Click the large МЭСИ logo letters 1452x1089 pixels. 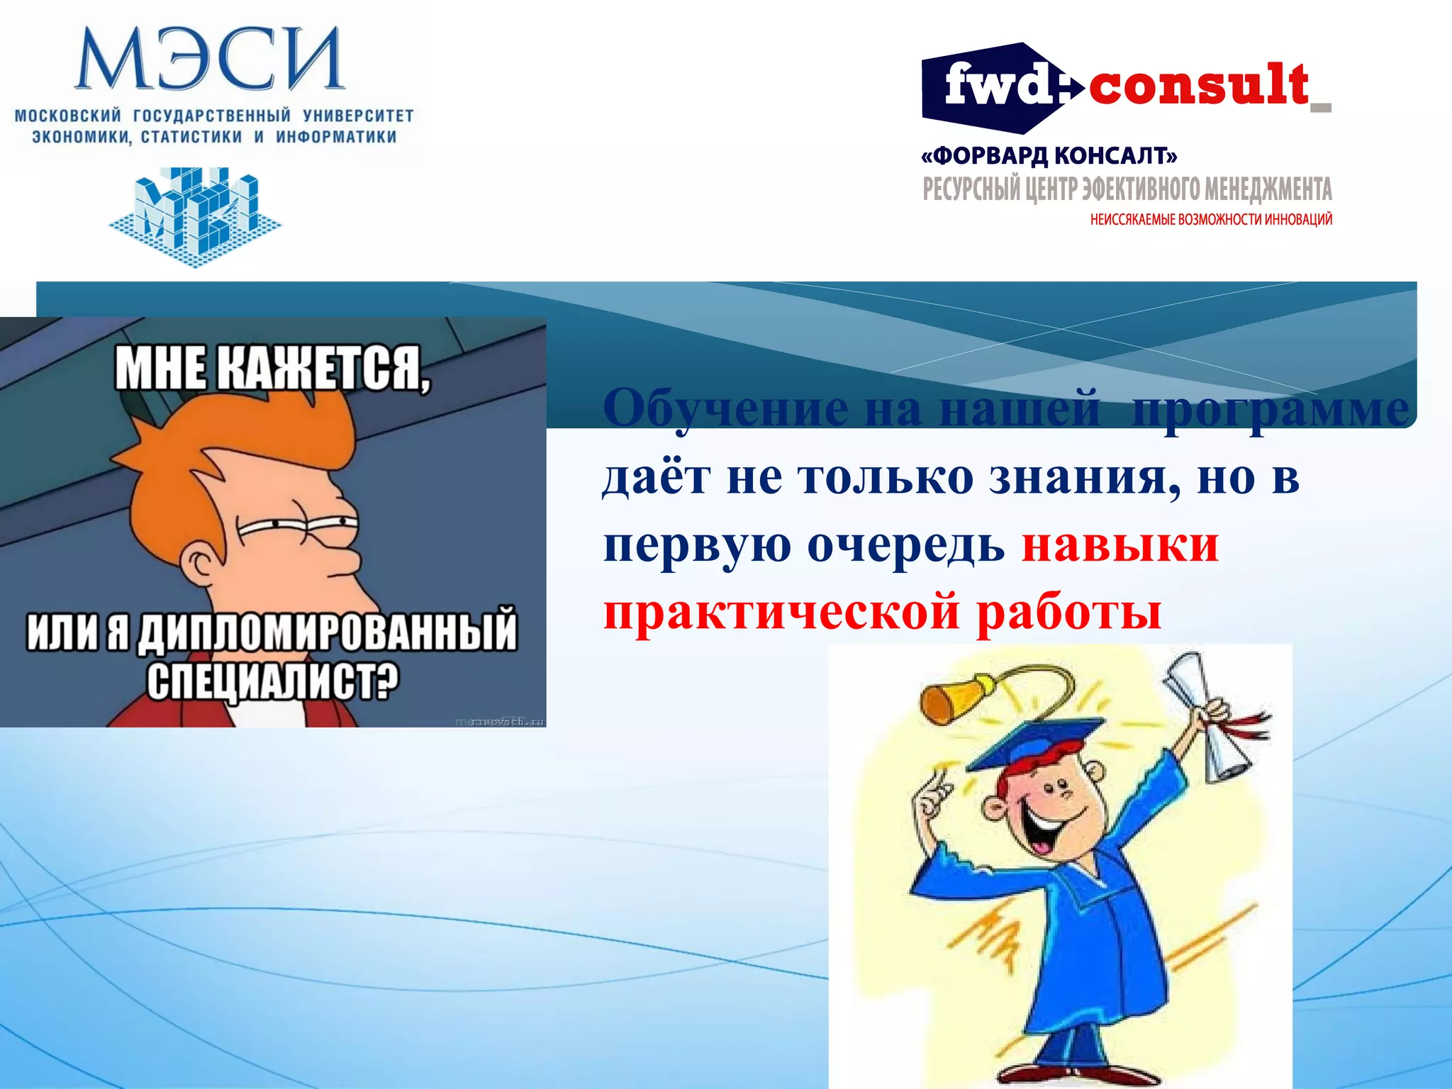point(210,60)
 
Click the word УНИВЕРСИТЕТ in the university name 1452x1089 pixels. point(358,116)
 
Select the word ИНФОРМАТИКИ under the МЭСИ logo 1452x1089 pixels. point(336,137)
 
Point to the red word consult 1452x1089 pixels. point(1198,85)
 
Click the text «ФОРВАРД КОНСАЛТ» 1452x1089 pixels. point(1049,155)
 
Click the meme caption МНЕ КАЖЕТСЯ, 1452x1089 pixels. point(272,367)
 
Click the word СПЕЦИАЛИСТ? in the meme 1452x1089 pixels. point(273,680)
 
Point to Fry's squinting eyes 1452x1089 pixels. point(298,525)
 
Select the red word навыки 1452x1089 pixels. point(1119,545)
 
